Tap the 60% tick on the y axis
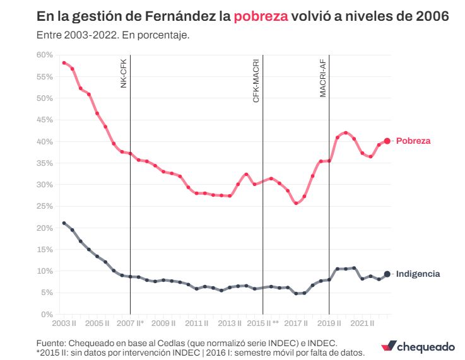point(44,55)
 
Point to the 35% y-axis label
point(44,163)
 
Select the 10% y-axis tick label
point(44,270)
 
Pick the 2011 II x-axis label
point(197,323)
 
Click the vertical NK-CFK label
point(124,73)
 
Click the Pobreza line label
point(413,141)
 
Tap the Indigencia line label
point(418,274)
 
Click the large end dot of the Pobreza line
point(387,141)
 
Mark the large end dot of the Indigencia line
point(387,274)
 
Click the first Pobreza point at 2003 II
point(64,63)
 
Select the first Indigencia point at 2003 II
point(64,223)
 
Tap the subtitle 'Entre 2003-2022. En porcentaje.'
point(113,35)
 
